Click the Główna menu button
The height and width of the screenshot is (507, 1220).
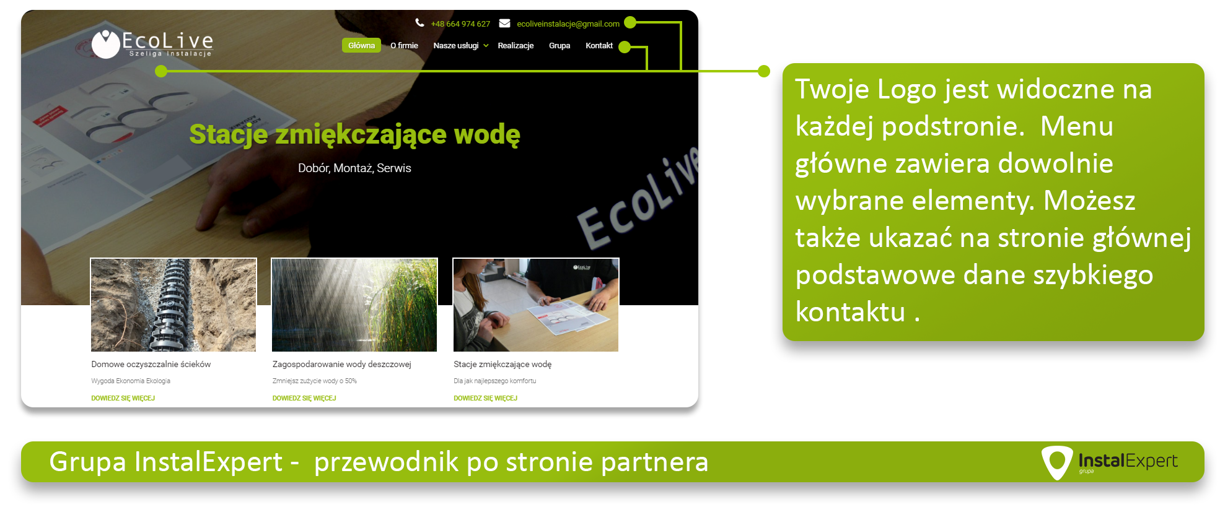(x=361, y=45)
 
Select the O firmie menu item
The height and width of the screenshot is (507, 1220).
(x=404, y=45)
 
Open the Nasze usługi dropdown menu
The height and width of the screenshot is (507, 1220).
(x=461, y=45)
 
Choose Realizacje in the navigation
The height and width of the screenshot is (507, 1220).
(x=516, y=45)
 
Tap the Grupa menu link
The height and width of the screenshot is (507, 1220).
(x=560, y=45)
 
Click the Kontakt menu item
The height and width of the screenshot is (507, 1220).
(x=599, y=45)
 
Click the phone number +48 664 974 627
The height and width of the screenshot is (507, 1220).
(x=460, y=24)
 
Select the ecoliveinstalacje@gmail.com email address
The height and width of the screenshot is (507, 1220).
(x=568, y=24)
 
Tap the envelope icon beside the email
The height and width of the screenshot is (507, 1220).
(x=505, y=23)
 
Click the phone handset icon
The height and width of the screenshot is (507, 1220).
(x=419, y=23)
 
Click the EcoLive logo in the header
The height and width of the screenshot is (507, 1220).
(x=152, y=44)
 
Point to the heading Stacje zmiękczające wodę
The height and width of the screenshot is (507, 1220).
(x=354, y=134)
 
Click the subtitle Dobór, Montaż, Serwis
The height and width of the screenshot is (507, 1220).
(x=354, y=168)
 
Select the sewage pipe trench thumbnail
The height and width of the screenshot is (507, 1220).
(x=173, y=305)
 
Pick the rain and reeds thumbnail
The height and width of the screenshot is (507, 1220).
(x=354, y=305)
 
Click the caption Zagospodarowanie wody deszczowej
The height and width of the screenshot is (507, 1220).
(x=342, y=364)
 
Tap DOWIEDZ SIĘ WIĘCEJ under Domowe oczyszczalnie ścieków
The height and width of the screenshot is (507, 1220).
(x=123, y=398)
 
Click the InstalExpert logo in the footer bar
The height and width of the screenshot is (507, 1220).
(x=1110, y=462)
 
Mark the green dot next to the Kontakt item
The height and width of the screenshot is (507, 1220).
(x=625, y=47)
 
